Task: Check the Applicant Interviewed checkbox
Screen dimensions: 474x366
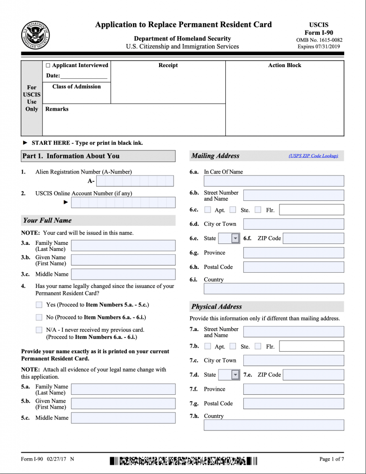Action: coord(48,66)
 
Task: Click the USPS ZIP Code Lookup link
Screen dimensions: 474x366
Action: coord(313,156)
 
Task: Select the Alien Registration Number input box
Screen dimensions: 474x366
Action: coord(135,181)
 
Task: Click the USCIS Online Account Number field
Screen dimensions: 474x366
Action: coord(123,202)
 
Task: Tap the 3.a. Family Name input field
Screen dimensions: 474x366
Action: coord(123,246)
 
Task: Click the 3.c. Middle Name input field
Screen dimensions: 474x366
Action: coord(123,274)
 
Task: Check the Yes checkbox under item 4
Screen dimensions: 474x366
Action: coord(39,305)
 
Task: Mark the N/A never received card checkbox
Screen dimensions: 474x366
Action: coord(39,330)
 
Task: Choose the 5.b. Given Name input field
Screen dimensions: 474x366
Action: coord(123,404)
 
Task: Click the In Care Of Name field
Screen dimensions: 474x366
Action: coord(274,181)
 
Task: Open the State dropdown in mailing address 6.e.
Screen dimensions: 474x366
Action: coord(235,238)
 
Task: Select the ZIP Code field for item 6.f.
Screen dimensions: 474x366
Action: coord(313,238)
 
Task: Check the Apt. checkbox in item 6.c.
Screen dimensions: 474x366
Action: coord(208,210)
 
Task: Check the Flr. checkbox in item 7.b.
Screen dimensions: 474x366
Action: coord(258,346)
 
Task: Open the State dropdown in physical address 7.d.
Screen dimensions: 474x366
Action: coord(235,375)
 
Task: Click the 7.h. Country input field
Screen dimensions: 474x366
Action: coord(274,425)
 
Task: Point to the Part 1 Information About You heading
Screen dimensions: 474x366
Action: coord(98,156)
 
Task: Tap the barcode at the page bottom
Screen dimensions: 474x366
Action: coord(183,460)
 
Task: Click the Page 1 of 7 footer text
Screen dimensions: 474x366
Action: coord(331,459)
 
